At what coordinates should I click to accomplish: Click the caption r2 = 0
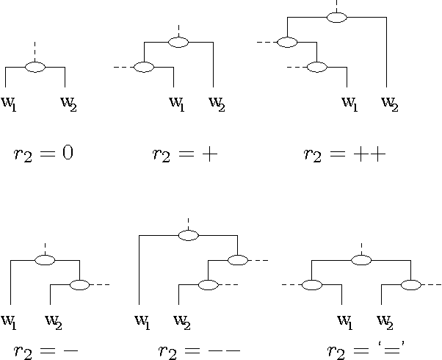click(x=43, y=154)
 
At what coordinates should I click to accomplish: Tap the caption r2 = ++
click(x=344, y=154)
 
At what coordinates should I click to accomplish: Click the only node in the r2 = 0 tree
click(x=35, y=67)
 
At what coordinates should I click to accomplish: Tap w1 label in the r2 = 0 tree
click(x=10, y=101)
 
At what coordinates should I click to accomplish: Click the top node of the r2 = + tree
click(x=179, y=42)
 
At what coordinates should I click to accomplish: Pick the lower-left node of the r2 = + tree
click(x=145, y=68)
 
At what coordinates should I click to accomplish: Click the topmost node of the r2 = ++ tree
click(x=336, y=18)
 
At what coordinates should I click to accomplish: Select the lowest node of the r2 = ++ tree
click(x=316, y=68)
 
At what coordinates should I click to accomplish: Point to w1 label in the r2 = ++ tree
click(x=349, y=101)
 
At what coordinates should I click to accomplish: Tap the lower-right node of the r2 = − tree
click(x=79, y=284)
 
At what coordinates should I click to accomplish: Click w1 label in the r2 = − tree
click(x=10, y=320)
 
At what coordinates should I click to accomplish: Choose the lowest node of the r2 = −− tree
click(x=209, y=284)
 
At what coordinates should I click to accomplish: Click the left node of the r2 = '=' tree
click(x=313, y=284)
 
